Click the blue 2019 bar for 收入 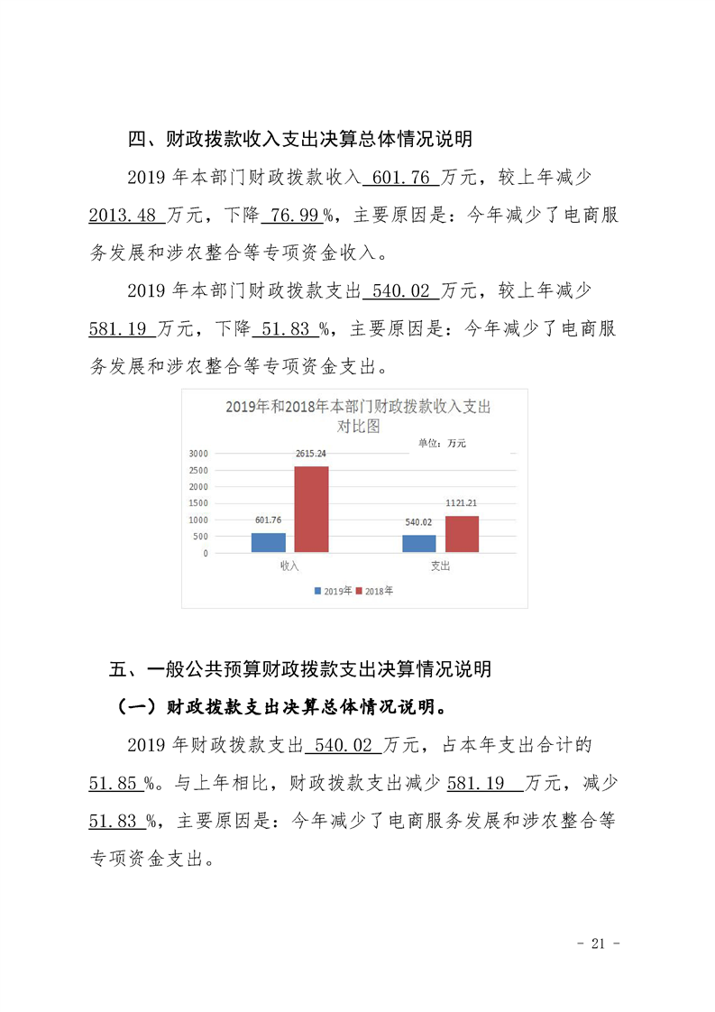[268, 542]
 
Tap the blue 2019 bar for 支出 [418, 544]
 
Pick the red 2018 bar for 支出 [462, 534]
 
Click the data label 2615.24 [311, 454]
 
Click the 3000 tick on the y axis [198, 453]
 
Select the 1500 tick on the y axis [198, 503]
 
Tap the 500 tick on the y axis [201, 537]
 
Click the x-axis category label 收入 [289, 566]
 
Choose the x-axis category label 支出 [440, 566]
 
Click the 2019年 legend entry [333, 591]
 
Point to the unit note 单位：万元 [442, 443]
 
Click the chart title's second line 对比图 [358, 426]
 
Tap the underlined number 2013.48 [124, 216]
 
